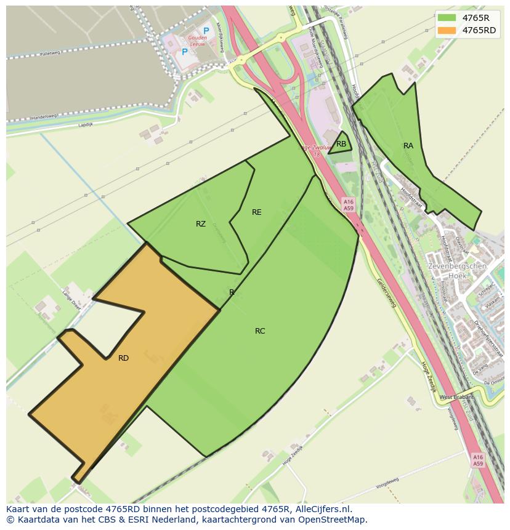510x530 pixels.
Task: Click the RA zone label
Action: (408, 146)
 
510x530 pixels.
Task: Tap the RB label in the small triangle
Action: (341, 144)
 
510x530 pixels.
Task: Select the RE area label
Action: (257, 212)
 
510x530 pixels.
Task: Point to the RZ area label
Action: (201, 224)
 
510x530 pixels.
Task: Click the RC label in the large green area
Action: (260, 331)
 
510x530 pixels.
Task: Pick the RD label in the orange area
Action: (123, 358)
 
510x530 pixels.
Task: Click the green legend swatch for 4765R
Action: (447, 18)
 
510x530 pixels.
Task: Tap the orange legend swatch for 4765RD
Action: (447, 30)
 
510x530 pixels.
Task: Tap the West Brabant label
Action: (456, 397)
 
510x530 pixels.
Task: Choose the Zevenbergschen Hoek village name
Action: (456, 271)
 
